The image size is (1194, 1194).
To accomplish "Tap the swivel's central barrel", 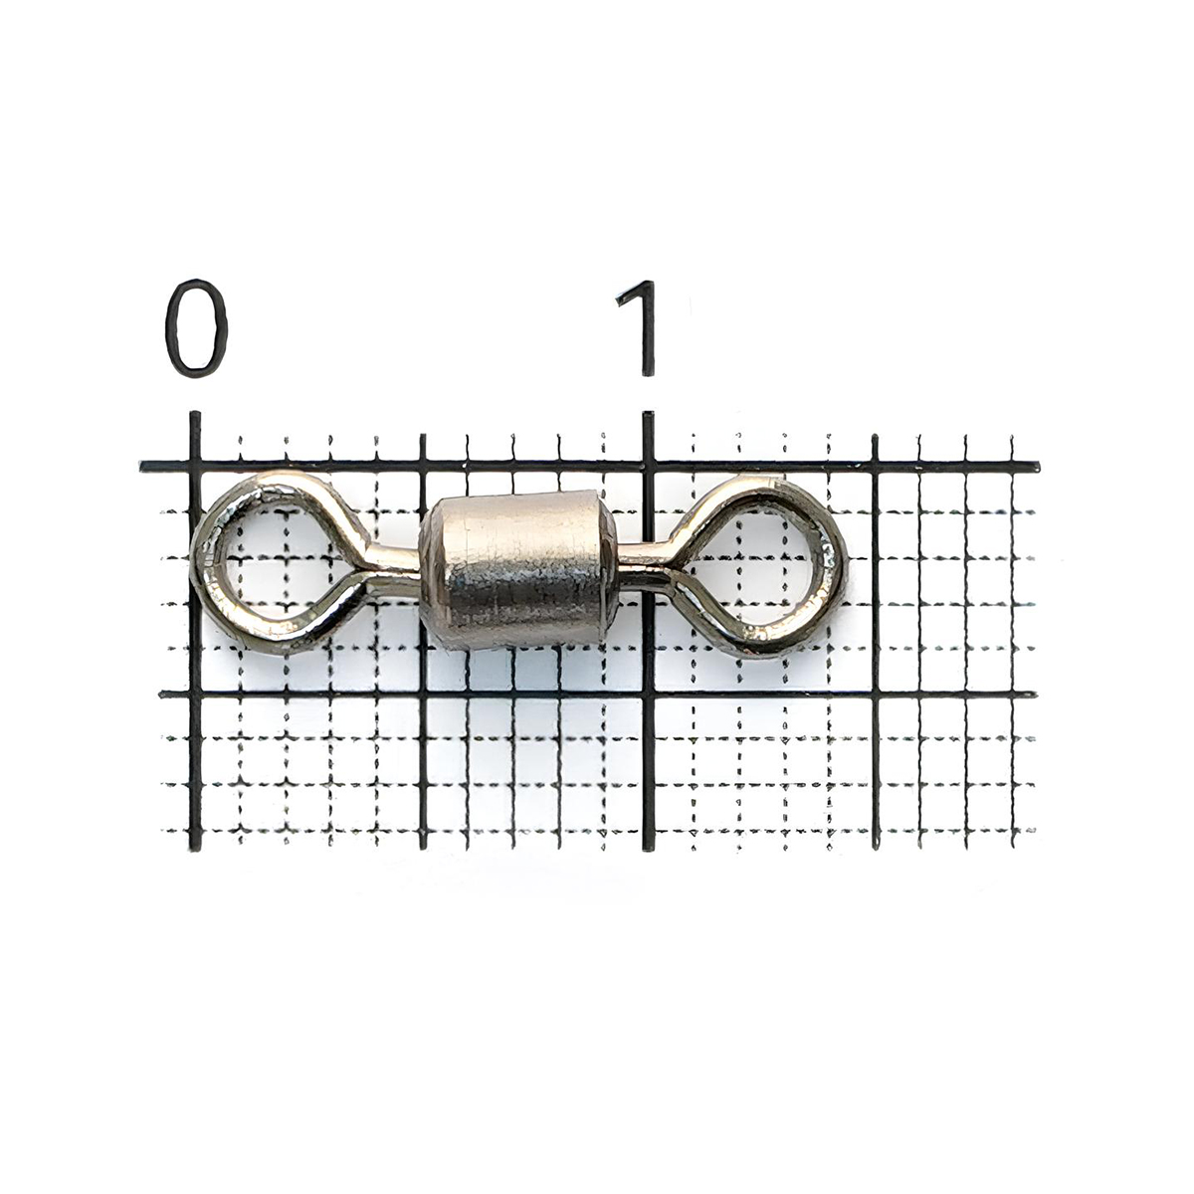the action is pyautogui.click(x=518, y=569).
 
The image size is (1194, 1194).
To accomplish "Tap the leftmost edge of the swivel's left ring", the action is pyautogui.click(x=191, y=562).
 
